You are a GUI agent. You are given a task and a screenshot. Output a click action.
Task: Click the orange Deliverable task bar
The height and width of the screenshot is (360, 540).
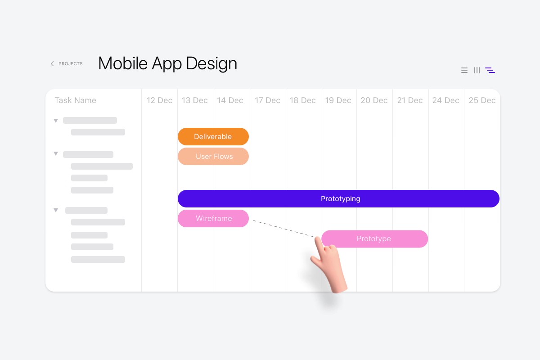(213, 136)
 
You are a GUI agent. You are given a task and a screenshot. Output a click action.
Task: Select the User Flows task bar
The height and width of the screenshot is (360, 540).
(213, 156)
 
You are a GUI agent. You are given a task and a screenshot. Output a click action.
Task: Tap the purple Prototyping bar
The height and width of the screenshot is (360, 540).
(338, 198)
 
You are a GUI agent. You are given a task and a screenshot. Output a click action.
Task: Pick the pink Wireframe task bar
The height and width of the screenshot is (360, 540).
(213, 218)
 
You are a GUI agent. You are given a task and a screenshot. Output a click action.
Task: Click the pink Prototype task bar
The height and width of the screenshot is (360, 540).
(375, 238)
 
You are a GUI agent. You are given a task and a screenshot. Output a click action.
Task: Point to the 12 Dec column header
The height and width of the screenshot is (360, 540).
(159, 100)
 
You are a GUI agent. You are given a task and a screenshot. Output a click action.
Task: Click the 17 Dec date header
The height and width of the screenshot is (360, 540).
(267, 100)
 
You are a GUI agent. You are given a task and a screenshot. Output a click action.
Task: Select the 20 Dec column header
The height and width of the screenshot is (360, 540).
(374, 100)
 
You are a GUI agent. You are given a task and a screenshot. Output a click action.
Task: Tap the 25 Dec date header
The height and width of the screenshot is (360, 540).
(482, 100)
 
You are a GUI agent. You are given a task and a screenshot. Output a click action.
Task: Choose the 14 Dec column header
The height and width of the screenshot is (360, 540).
(230, 100)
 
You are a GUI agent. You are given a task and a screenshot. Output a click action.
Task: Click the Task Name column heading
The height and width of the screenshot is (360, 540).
(75, 100)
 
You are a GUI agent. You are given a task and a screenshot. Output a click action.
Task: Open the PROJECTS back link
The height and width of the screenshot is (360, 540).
(70, 63)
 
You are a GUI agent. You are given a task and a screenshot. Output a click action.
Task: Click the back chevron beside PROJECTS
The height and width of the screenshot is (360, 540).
(52, 63)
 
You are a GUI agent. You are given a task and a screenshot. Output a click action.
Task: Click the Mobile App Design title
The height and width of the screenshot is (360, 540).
(167, 63)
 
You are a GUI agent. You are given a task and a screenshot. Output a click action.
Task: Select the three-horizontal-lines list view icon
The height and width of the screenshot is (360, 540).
(464, 70)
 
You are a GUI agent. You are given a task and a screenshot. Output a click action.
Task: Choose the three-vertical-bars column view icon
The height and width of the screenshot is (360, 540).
(477, 70)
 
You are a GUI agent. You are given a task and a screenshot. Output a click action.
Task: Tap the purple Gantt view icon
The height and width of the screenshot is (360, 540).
(490, 70)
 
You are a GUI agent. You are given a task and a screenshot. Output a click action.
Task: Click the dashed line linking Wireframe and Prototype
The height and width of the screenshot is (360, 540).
(284, 229)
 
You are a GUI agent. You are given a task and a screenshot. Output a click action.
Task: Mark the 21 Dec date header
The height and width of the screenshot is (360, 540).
(410, 100)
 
